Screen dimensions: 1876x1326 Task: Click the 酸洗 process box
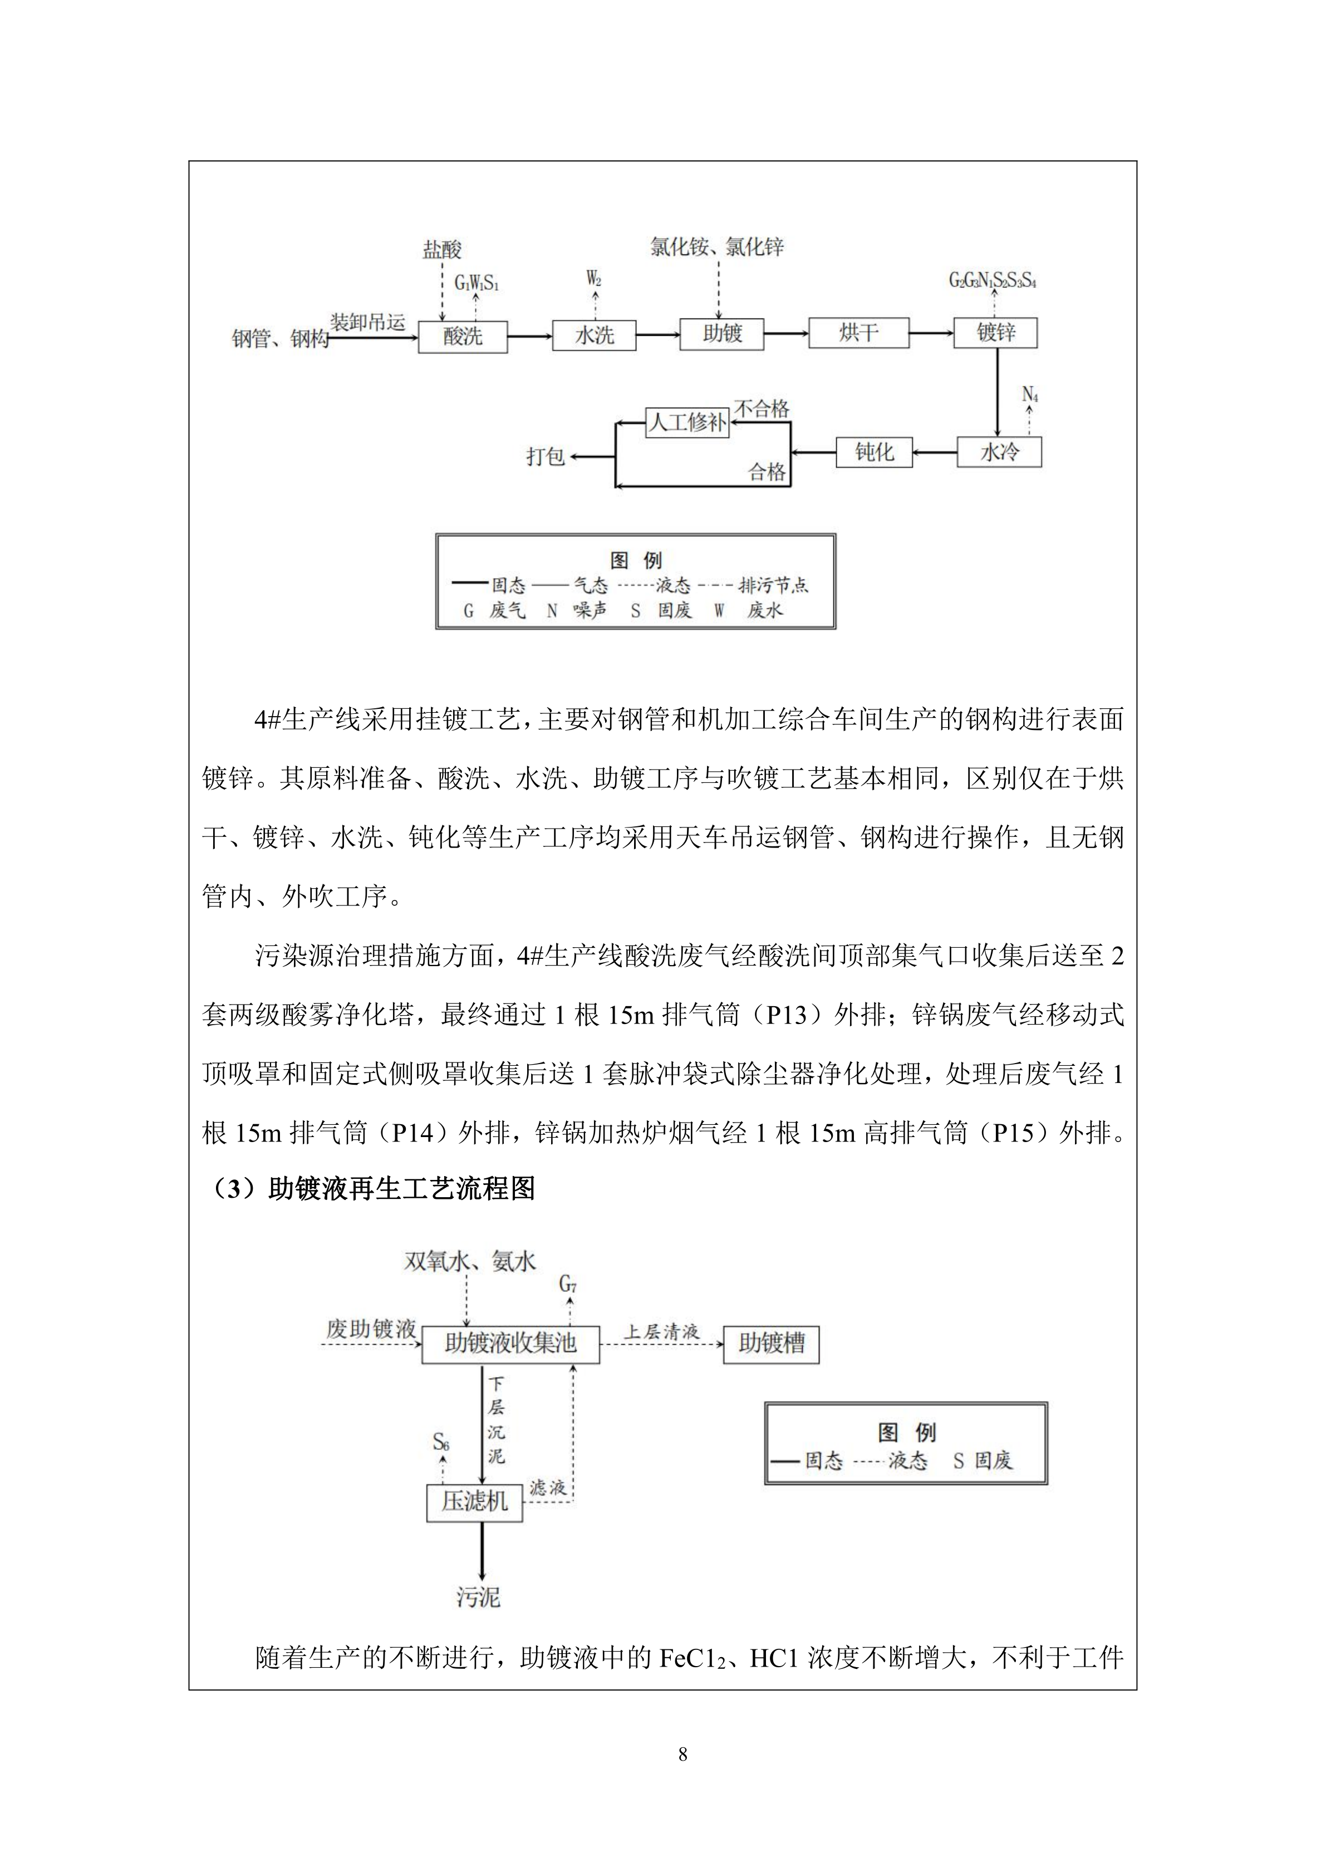pos(463,336)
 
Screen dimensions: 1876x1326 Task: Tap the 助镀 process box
pos(721,334)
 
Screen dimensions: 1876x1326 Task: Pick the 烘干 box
pos(858,332)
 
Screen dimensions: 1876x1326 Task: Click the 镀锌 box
pos(995,332)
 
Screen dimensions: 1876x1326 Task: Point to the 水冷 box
pos(999,452)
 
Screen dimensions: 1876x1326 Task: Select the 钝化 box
pos(873,452)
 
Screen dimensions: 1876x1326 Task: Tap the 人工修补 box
pos(687,423)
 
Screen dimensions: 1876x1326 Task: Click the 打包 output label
pos(545,456)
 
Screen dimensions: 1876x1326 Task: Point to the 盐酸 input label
pos(442,249)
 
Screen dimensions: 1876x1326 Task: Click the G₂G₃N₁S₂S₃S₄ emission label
pos(992,281)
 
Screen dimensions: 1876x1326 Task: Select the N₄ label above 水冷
pos(1029,395)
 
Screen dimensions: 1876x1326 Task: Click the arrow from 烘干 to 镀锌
pos(931,332)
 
